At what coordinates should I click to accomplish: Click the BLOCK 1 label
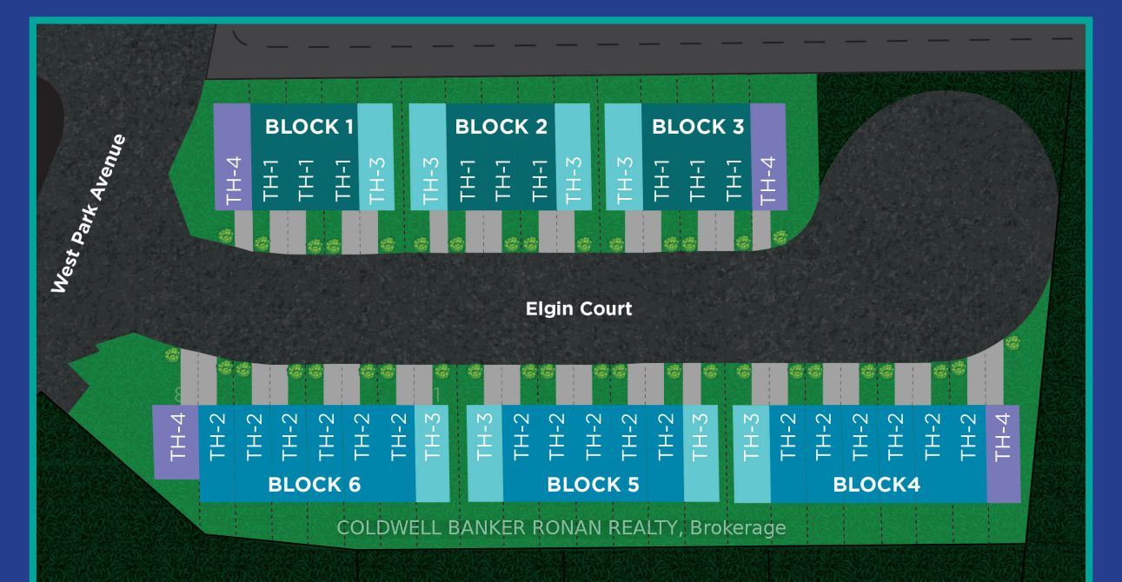[x=309, y=127]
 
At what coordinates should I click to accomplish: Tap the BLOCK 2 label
[x=501, y=127]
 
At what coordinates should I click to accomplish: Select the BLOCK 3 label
[x=698, y=127]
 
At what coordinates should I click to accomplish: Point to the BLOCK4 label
[x=876, y=485]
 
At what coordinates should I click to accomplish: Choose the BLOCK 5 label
[x=593, y=485]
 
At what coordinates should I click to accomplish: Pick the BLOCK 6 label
[x=314, y=485]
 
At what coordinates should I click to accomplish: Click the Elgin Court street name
[x=579, y=308]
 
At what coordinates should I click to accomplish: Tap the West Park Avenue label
[x=88, y=214]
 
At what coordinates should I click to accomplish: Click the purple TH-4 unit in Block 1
[x=232, y=157]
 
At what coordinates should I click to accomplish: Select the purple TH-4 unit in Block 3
[x=768, y=157]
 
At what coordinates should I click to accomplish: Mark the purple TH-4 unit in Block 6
[x=176, y=442]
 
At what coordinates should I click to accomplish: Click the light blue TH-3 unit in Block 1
[x=375, y=157]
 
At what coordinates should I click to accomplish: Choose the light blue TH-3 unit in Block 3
[x=624, y=157]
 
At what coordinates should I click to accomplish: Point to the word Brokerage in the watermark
[x=738, y=529]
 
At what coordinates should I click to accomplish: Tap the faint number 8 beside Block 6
[x=178, y=395]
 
